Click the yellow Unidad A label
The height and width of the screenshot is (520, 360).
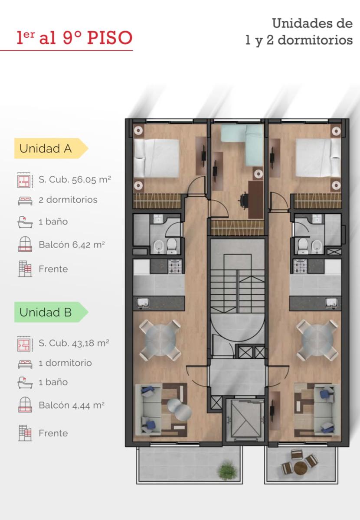coord(51,148)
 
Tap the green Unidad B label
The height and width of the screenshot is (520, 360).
coord(51,312)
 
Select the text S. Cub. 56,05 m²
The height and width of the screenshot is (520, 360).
coord(75,179)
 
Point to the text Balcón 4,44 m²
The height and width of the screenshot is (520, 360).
coord(72,405)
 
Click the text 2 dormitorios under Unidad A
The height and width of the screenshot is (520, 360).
coord(68,200)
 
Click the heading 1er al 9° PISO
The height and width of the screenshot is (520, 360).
coord(74,38)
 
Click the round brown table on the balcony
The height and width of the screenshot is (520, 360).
coord(301,468)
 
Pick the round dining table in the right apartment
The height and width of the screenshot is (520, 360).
coord(317,340)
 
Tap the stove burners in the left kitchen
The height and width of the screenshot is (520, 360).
coord(175,266)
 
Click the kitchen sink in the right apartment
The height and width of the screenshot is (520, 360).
coord(332,302)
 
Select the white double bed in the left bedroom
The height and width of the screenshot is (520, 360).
coord(157,158)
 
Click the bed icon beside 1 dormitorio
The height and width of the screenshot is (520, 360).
coord(25,364)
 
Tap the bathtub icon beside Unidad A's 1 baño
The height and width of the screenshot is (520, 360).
coord(25,222)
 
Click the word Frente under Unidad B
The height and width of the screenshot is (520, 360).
coord(53,433)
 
